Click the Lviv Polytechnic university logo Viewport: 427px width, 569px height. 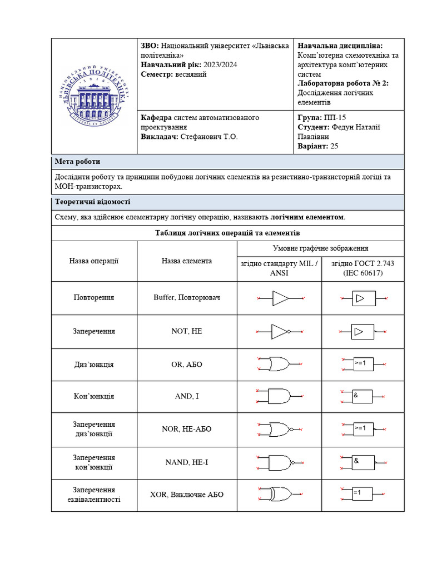point(94,96)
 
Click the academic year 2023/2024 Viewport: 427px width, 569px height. point(220,65)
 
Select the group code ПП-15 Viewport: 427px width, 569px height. point(334,117)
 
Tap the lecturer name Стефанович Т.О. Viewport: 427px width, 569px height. point(207,137)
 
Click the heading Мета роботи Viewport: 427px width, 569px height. point(77,162)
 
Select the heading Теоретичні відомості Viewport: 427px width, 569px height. point(92,202)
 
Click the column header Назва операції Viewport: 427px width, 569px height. point(94,261)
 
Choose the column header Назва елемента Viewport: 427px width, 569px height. point(187,261)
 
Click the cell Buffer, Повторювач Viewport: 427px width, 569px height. point(187,297)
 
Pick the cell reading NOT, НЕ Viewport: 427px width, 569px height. point(187,331)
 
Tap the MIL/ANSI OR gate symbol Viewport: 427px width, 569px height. point(279,364)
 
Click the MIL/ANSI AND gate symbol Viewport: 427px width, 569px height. point(279,396)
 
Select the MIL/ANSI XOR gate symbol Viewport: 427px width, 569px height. point(279,494)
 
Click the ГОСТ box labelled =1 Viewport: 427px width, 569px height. point(363,493)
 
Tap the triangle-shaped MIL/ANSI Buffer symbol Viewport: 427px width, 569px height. point(280,298)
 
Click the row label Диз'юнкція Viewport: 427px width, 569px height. point(94,365)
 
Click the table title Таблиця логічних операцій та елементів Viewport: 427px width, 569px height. point(227,233)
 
